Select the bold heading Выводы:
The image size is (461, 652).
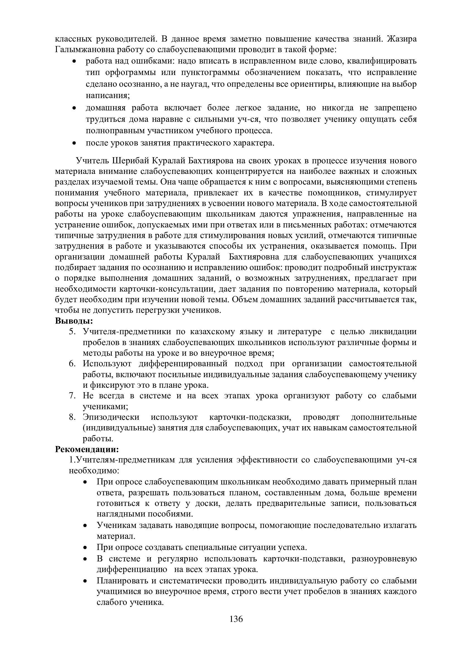tap(74, 321)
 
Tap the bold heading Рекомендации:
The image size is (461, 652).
tap(87, 450)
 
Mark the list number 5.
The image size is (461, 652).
tap(72, 332)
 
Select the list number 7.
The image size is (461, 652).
tap(72, 396)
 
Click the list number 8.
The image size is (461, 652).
tap(72, 417)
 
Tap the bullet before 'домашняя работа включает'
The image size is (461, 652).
tap(74, 108)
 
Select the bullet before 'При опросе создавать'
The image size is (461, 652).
tap(85, 548)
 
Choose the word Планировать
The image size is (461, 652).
tap(122, 581)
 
